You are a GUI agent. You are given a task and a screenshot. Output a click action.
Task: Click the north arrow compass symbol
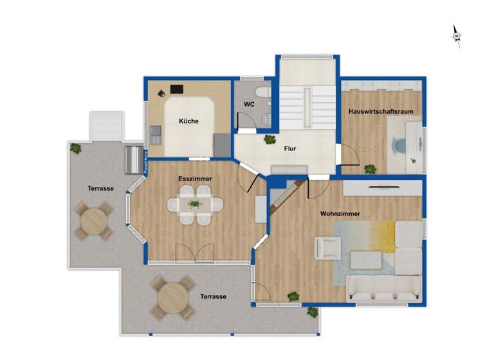(x=456, y=35)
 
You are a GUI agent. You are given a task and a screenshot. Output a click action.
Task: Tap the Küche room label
(x=188, y=121)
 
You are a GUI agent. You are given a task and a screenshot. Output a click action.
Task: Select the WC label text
(x=250, y=104)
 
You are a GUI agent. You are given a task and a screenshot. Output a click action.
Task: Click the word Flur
(x=290, y=148)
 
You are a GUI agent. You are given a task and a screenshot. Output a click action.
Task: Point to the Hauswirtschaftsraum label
(x=381, y=111)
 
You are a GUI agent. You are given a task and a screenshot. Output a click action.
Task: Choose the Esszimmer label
(x=195, y=179)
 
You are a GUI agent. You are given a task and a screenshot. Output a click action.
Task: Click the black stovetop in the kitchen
(x=176, y=90)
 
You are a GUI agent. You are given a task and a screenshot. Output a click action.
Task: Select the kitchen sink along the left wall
(x=154, y=136)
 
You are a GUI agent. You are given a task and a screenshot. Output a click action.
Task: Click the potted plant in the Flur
(x=269, y=139)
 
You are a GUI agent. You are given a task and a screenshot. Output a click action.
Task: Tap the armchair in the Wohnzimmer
(x=327, y=247)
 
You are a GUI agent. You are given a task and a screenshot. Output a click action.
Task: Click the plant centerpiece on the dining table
(x=195, y=204)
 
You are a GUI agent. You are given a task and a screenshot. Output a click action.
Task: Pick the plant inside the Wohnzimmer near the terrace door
(x=293, y=296)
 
